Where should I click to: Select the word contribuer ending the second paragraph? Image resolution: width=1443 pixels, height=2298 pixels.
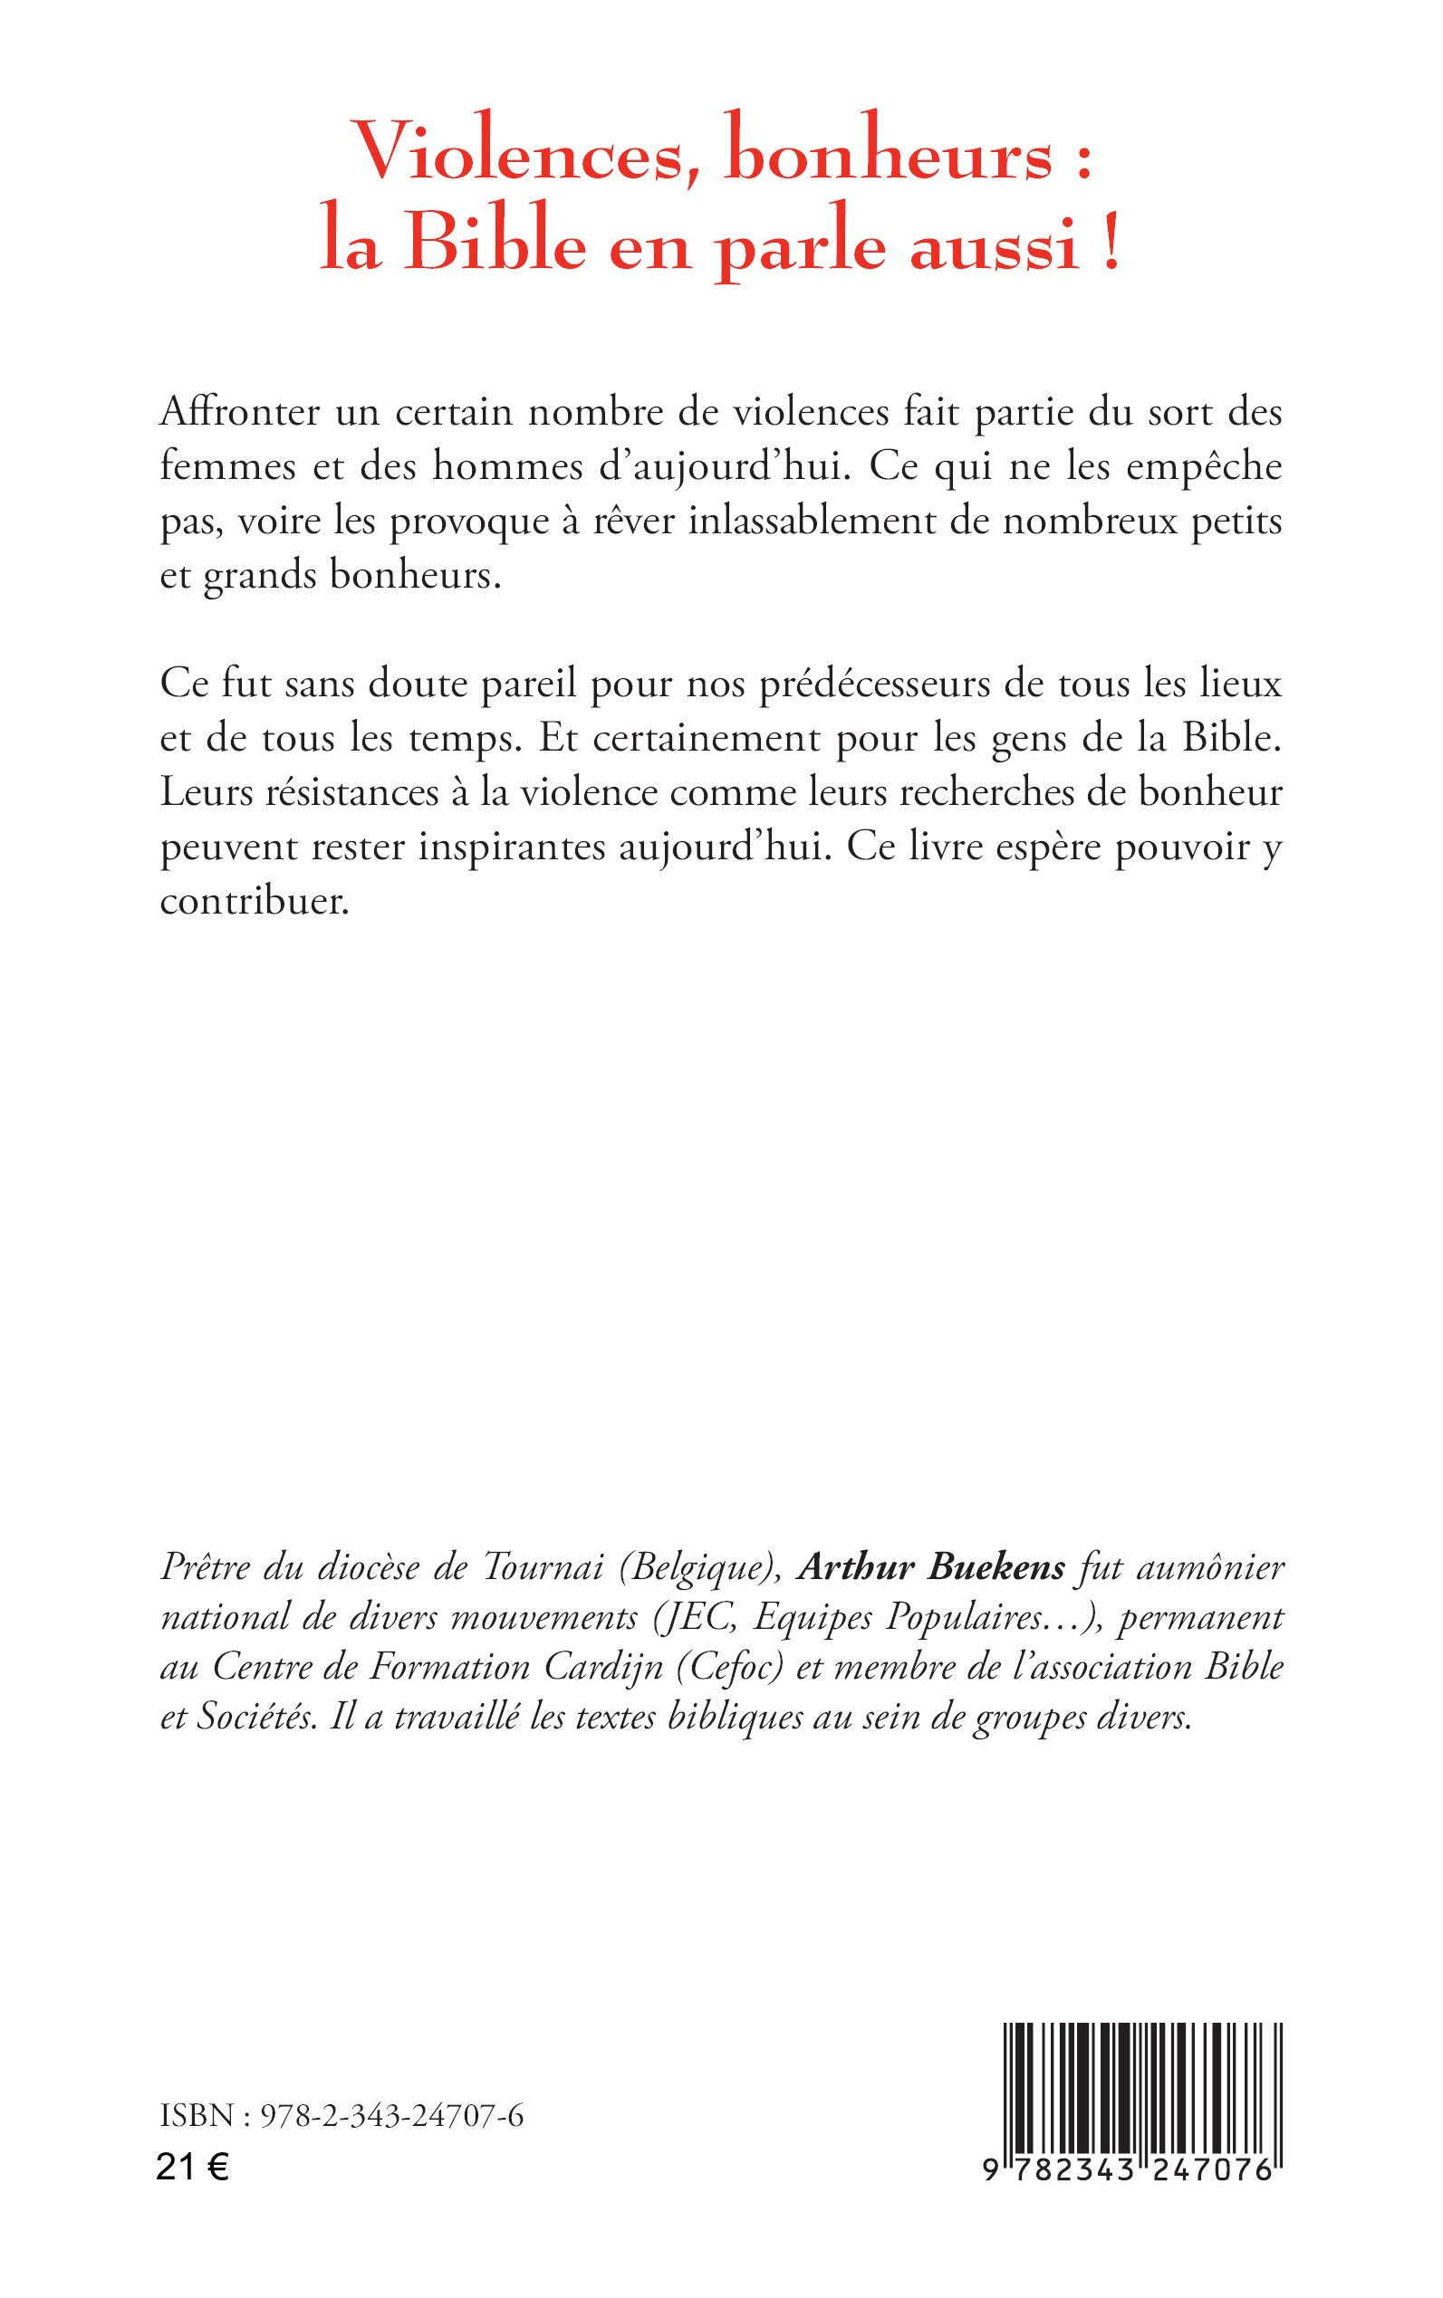[x=254, y=902]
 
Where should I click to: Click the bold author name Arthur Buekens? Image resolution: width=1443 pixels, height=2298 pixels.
[x=930, y=1567]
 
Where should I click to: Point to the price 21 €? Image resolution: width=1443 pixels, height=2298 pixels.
[x=192, y=2169]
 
